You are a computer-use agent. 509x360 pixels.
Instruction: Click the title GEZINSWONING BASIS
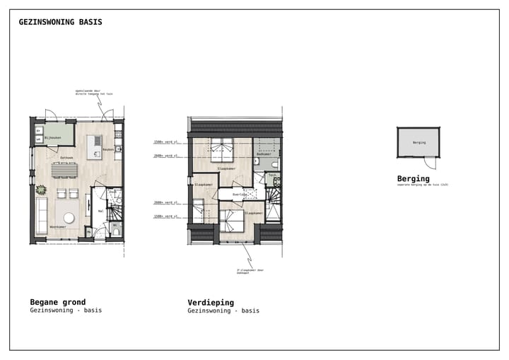60,22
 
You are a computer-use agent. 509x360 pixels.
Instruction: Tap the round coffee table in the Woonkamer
70,218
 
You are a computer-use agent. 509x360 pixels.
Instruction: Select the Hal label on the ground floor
100,210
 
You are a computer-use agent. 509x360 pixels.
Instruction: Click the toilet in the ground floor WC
116,231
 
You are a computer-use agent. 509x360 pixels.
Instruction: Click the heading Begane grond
57,302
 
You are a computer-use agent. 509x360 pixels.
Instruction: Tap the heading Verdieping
211,302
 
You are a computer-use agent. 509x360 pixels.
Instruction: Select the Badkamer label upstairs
264,153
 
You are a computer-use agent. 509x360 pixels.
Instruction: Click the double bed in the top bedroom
221,149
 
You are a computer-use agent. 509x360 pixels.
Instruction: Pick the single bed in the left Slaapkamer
199,210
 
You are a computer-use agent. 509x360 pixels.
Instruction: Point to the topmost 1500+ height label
164,141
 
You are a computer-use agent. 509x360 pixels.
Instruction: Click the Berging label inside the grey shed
419,142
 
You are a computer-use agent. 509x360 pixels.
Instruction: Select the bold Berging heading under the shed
413,178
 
